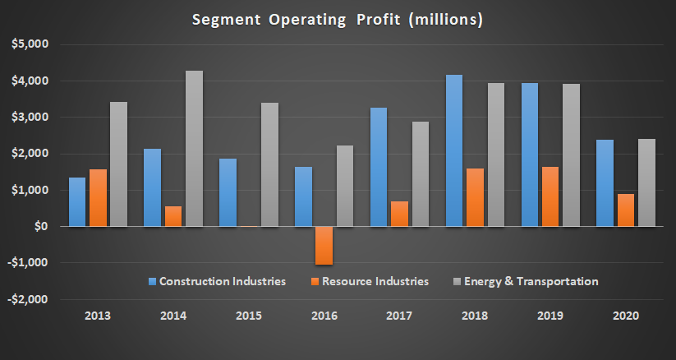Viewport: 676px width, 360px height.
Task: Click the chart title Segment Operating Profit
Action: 337,19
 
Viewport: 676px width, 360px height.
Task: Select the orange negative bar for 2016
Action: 324,245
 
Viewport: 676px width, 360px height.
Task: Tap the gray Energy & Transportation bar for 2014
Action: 194,149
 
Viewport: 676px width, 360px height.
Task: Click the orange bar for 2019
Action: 550,196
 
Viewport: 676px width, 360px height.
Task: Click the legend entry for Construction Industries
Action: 217,281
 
